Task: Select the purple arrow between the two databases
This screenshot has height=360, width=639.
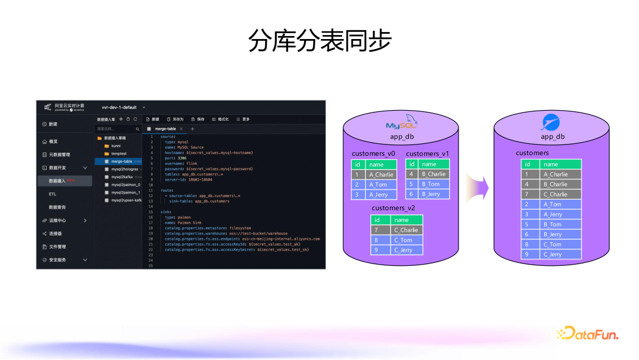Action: pos(477,188)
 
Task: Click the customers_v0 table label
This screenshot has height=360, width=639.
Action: pos(373,154)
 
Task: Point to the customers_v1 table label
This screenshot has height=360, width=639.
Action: pos(427,154)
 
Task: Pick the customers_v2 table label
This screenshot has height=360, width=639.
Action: pos(393,208)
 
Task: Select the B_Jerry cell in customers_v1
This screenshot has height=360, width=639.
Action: pos(434,194)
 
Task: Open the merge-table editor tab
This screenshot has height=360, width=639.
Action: pos(164,128)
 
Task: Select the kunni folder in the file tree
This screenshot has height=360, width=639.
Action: pos(116,145)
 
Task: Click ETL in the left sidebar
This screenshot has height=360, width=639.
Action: pos(53,194)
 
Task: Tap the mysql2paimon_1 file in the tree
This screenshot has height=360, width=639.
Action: pos(125,192)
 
